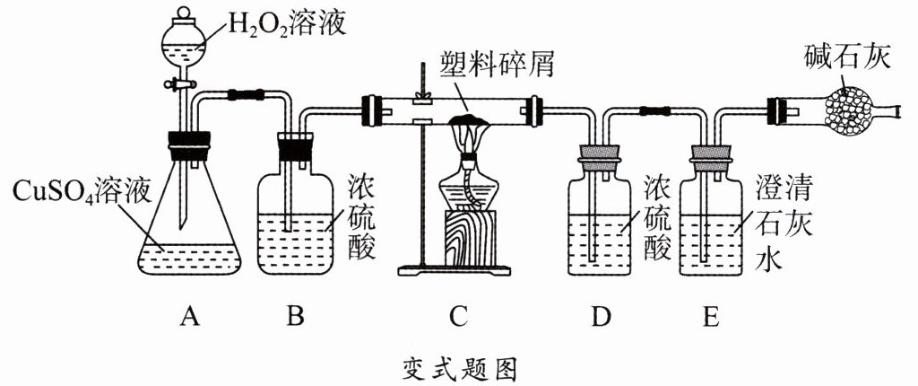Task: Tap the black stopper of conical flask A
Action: (189, 140)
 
